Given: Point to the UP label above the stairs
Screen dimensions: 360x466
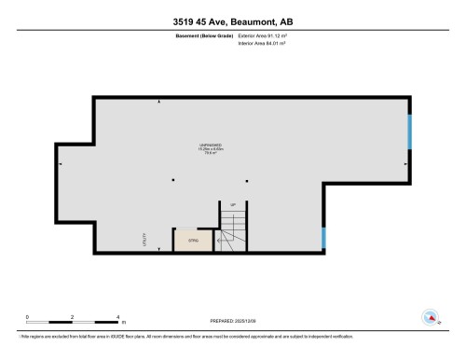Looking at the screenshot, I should pyautogui.click(x=232, y=204).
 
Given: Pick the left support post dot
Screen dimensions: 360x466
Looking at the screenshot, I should pyautogui.click(x=172, y=180).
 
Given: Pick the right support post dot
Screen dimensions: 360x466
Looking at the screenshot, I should pyautogui.click(x=246, y=180).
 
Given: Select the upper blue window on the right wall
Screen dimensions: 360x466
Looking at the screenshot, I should pyautogui.click(x=409, y=132).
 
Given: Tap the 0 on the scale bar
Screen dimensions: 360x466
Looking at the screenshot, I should pyautogui.click(x=27, y=317).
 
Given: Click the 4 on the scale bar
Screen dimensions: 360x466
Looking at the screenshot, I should pyautogui.click(x=118, y=317).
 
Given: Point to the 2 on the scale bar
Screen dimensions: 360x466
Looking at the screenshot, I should pyautogui.click(x=73, y=317).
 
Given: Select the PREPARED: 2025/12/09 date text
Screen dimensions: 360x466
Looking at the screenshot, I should pyautogui.click(x=232, y=320).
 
